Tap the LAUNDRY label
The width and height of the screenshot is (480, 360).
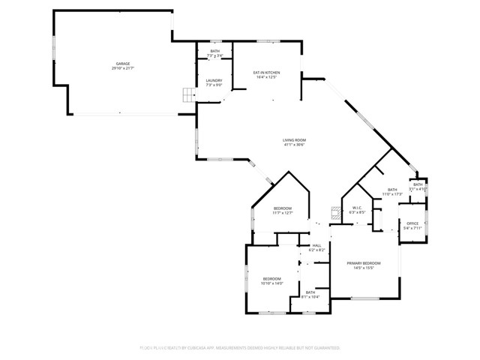(214, 81)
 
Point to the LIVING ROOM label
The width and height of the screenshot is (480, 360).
(294, 140)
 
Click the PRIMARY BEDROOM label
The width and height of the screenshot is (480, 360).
(364, 263)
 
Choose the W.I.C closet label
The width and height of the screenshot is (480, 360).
(356, 208)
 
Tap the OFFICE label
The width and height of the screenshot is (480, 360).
(412, 223)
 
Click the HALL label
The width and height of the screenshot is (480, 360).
(316, 245)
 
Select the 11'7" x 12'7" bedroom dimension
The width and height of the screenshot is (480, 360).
(282, 213)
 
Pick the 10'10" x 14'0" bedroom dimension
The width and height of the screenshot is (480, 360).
(271, 283)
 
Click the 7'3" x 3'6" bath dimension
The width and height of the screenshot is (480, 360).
(215, 55)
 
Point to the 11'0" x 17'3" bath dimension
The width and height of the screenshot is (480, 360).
(392, 194)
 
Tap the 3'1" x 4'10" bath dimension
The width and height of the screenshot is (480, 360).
(418, 189)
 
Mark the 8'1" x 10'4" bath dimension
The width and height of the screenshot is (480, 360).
(310, 297)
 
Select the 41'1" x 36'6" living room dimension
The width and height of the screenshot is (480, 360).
(294, 145)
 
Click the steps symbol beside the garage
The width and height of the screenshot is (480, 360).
(187, 95)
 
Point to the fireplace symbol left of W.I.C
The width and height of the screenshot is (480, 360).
(334, 212)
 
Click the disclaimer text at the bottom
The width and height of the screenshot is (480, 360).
(240, 348)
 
